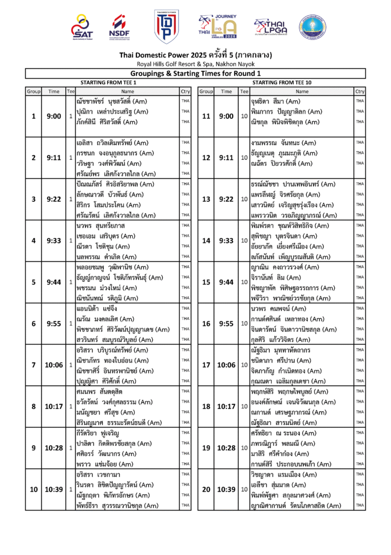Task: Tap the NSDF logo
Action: pyautogui.click(x=119, y=26)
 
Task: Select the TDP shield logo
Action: pyautogui.click(x=167, y=26)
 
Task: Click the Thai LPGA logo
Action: pyautogui.click(x=271, y=26)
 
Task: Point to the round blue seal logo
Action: pyautogui.click(x=312, y=26)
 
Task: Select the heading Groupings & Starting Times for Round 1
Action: pyautogui.click(x=195, y=73)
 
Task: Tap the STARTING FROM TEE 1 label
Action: pyautogui.click(x=108, y=82)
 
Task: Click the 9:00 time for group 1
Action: pyautogui.click(x=54, y=116)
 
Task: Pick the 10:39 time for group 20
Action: pyautogui.click(x=226, y=490)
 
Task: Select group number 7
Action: pyautogui.click(x=34, y=365)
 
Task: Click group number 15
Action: pyautogui.click(x=206, y=282)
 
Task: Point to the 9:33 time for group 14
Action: pyautogui.click(x=226, y=241)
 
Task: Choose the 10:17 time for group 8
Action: pyautogui.click(x=54, y=407)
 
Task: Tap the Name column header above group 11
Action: pyautogui.click(x=302, y=91)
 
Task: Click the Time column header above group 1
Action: pyautogui.click(x=54, y=91)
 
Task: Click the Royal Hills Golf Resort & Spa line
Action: pyautogui.click(x=195, y=64)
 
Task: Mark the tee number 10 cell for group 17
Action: pyautogui.click(x=244, y=365)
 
